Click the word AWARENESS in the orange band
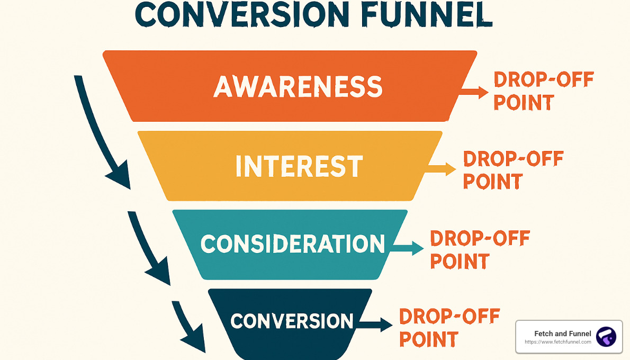coord(298,86)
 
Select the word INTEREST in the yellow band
coord(299,166)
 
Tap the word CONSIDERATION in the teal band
coord(292,244)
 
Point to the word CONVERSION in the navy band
coord(292,321)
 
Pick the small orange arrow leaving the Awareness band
coord(474,92)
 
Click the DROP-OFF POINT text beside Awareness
coord(543,91)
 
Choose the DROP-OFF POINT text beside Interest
coord(512,169)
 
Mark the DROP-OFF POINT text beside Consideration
coord(479,249)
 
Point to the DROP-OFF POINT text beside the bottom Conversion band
coord(449,327)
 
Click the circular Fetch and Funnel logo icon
coord(606,337)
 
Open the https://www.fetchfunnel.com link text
coord(557,342)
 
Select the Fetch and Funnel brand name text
coord(563,334)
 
